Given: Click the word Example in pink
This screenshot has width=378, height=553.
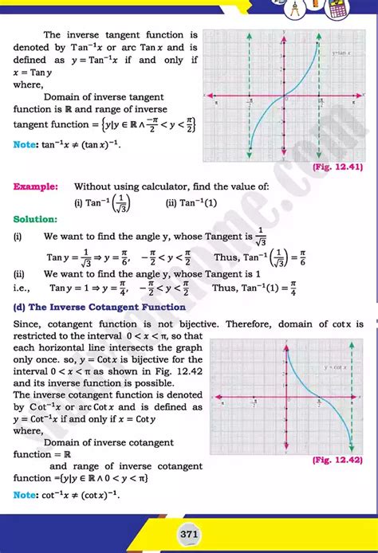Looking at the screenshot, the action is [35, 186].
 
